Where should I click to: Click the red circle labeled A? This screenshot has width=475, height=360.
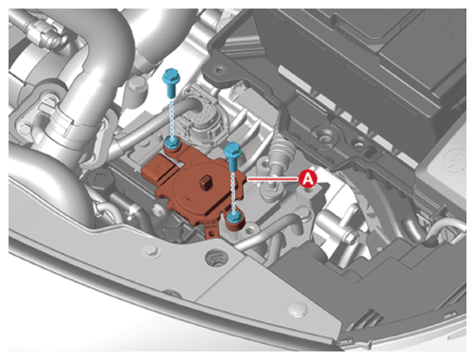point(308,179)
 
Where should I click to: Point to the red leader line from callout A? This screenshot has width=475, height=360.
point(273,179)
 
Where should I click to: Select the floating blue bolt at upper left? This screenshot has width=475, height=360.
point(171,82)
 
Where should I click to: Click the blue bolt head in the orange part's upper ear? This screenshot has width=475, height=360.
point(173,143)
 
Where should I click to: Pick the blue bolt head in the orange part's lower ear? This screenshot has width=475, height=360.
point(234,218)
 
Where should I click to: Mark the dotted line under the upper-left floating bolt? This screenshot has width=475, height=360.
point(172,118)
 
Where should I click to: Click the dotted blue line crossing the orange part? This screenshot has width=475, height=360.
point(233,192)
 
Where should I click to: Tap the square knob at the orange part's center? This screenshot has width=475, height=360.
point(206,183)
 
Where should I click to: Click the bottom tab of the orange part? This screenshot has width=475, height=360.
point(211,231)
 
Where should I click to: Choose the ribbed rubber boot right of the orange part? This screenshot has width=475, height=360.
point(281,150)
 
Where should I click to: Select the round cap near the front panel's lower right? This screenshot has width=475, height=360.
point(299,309)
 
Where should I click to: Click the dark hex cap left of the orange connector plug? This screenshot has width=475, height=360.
point(100,180)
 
